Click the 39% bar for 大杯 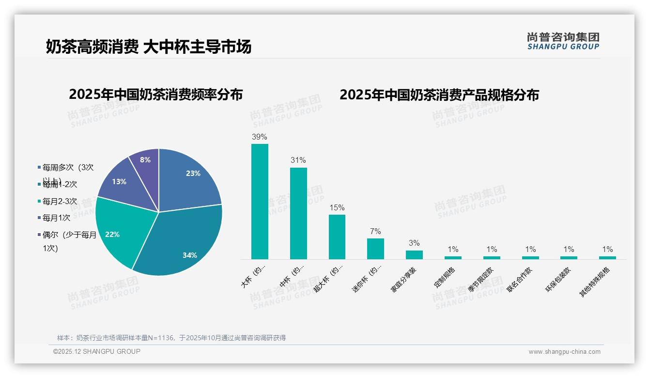(x=260, y=201)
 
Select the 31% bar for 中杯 (x=298, y=213)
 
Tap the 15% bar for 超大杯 (x=337, y=236)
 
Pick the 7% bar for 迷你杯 (x=375, y=249)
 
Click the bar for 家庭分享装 (x=414, y=254)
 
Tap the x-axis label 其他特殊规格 (x=595, y=282)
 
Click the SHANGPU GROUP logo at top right (x=563, y=41)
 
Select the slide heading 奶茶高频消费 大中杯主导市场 (x=149, y=47)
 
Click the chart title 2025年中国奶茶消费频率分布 (x=155, y=94)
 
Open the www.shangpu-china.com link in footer (x=564, y=352)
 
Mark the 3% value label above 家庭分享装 (x=414, y=243)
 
